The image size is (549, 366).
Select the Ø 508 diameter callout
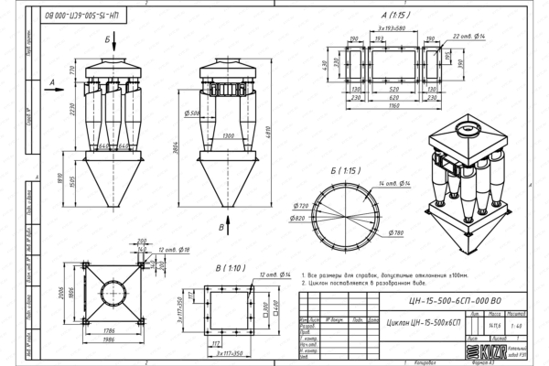192,113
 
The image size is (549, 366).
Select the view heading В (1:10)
223,269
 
